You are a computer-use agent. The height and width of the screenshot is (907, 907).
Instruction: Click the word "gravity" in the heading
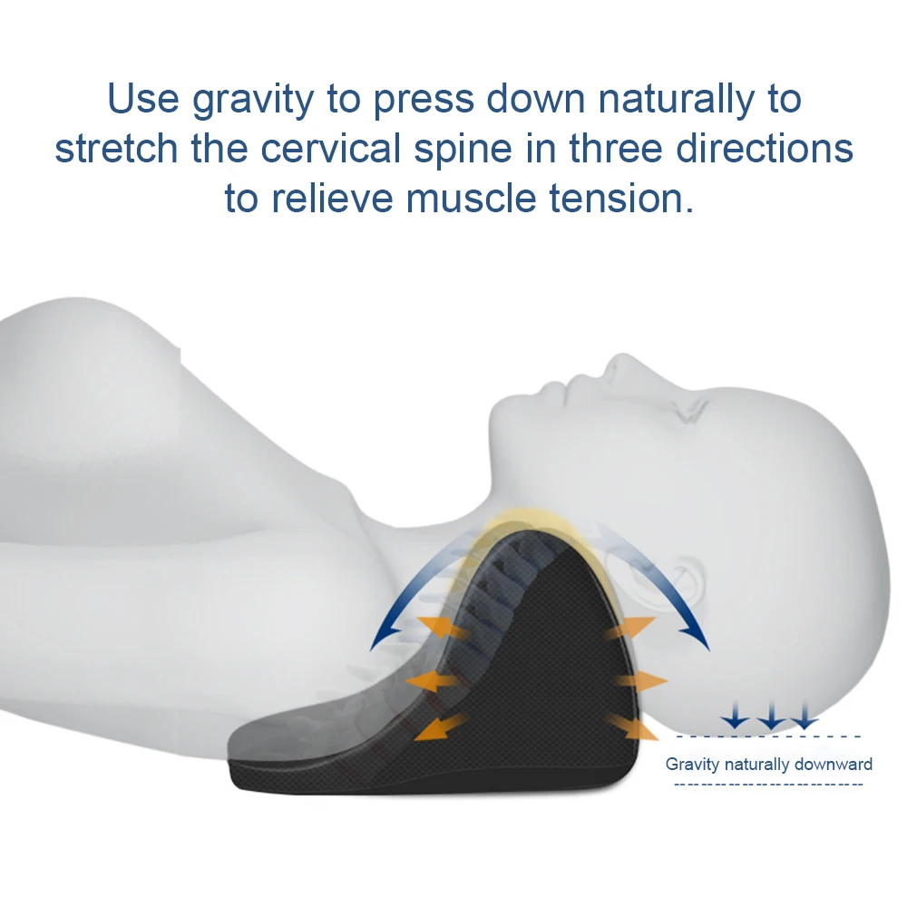click(253, 100)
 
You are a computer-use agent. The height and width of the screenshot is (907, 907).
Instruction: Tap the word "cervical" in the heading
click(330, 148)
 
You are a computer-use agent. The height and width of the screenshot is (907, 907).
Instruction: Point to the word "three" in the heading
click(615, 148)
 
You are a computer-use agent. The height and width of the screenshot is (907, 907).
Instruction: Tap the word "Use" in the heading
click(143, 99)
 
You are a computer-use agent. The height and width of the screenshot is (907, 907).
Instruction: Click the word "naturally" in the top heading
click(677, 100)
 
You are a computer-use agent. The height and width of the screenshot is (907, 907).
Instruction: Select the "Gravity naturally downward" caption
click(768, 764)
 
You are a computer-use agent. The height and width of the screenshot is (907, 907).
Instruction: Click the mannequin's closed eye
click(688, 410)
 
